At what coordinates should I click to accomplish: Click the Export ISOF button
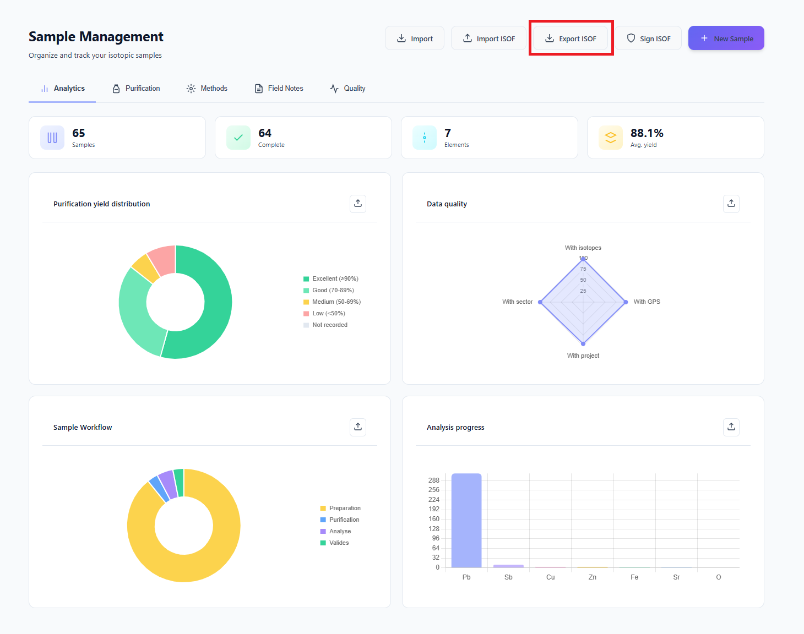coord(571,39)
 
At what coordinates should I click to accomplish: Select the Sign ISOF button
coord(648,39)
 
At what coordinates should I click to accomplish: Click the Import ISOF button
coord(488,39)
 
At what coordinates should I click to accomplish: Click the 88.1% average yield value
coord(647,133)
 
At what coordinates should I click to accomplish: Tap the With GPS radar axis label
coord(647,302)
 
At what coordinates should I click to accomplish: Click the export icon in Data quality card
coord(731,204)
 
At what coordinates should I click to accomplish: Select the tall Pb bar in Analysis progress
coord(466,520)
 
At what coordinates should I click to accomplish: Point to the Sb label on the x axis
coord(508,577)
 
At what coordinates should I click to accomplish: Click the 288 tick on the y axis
coord(434,480)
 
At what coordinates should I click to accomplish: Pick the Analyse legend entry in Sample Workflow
coord(340,531)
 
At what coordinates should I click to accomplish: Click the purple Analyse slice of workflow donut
coord(168,484)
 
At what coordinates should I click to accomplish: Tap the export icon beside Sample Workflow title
coord(358,427)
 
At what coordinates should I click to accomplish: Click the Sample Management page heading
coord(96,37)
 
